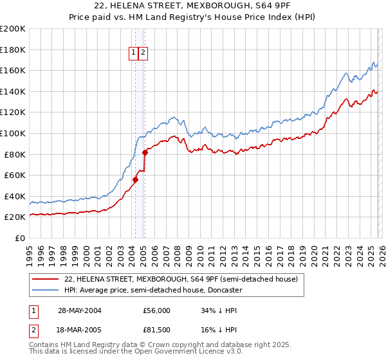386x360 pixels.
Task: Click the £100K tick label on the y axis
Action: click(x=13, y=133)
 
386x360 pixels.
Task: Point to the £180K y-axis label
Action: click(x=13, y=50)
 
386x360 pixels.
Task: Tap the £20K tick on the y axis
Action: click(x=15, y=217)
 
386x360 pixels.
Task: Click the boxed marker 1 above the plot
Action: click(x=133, y=53)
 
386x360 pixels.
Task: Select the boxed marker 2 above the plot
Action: click(x=143, y=53)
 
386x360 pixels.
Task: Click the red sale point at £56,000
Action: click(x=136, y=179)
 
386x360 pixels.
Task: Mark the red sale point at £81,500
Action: click(x=145, y=153)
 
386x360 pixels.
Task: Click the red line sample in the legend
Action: click(x=46, y=280)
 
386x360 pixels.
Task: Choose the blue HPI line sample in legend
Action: click(x=46, y=290)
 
